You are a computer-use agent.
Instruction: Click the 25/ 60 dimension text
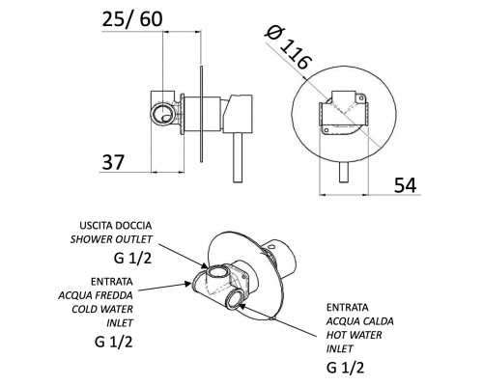click(132, 19)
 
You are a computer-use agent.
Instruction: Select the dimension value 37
click(113, 162)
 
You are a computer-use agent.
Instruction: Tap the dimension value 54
click(406, 185)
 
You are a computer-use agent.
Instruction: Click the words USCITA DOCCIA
click(116, 225)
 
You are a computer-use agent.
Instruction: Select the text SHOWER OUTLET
click(111, 239)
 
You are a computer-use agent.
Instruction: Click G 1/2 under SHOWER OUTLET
click(132, 258)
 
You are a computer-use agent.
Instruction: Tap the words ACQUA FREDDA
click(96, 295)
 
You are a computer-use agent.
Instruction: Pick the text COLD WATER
click(102, 309)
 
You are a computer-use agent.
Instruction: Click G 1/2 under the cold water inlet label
click(114, 342)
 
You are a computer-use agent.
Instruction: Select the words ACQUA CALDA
click(360, 321)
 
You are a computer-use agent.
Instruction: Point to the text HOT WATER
click(354, 335)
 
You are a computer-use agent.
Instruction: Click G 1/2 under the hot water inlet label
click(345, 367)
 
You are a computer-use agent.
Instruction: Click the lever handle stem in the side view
click(238, 157)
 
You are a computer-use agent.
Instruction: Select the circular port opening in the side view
click(163, 114)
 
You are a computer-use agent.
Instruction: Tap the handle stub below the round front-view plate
click(344, 172)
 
